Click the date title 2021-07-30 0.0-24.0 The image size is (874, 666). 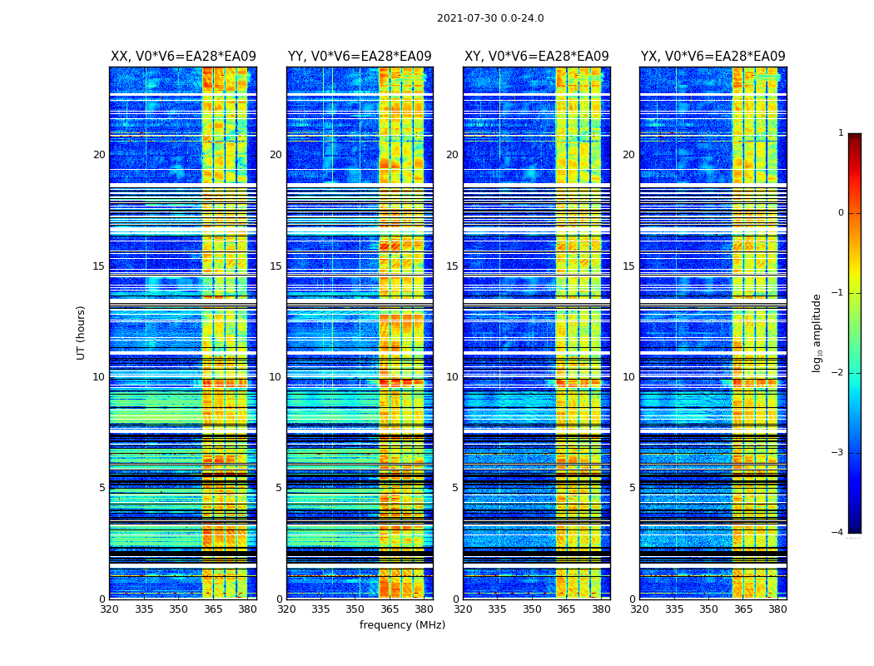pos(490,18)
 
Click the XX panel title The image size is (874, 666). pos(183,57)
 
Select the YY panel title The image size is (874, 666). pos(360,57)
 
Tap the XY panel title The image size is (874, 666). pos(536,57)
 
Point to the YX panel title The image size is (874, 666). pos(713,57)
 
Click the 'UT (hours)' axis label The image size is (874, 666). pos(82,332)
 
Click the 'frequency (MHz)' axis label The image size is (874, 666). pos(402,625)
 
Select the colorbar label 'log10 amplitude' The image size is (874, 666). pos(817,332)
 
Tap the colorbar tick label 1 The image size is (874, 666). pos(841,133)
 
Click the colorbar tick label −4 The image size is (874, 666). pos(838,533)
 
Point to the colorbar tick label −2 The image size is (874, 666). pos(838,373)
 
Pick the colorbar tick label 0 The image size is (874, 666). pos(841,213)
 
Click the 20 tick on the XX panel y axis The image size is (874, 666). pos(99,155)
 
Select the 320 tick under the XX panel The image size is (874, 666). pos(109,609)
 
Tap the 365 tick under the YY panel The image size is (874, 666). pos(390,609)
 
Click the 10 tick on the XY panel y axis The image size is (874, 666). pos(452,377)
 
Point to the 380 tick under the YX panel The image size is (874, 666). pos(777,609)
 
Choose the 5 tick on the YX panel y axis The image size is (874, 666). pos(632,488)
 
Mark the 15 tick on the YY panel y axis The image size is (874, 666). pos(276,266)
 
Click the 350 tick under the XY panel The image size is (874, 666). pos(532,609)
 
